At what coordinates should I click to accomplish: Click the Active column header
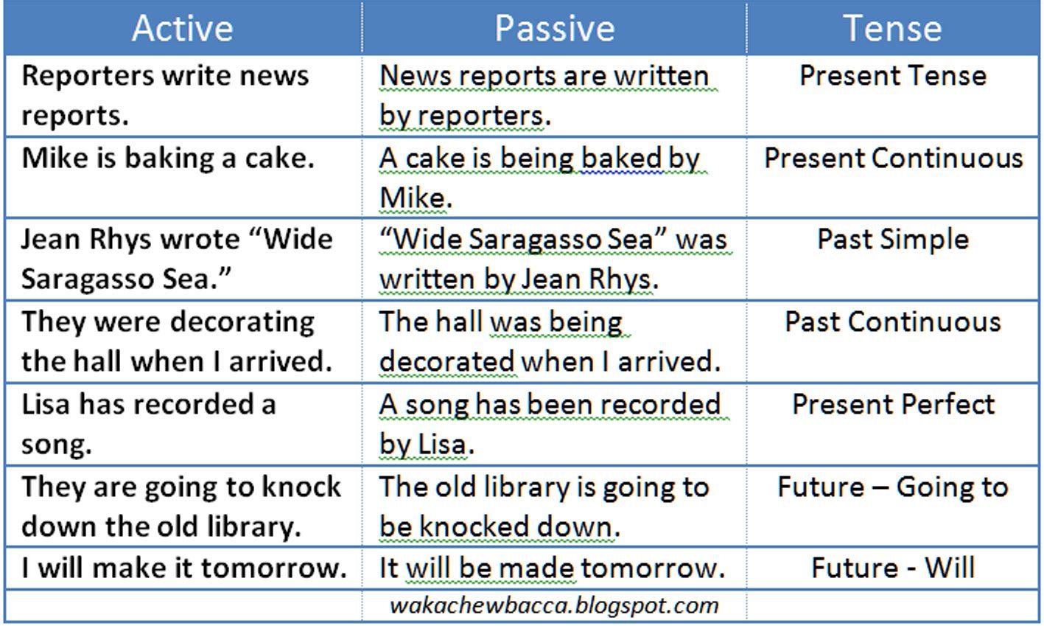183,29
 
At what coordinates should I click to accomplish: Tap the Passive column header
555,29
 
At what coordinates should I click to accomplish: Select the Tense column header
892,29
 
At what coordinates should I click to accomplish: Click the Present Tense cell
893,75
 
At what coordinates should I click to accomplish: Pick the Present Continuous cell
894,158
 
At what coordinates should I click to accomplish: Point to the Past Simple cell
894,240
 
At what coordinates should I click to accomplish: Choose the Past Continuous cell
893,322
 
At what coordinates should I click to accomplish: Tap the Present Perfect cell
894,404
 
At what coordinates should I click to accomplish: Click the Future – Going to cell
893,487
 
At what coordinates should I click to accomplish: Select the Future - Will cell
893,568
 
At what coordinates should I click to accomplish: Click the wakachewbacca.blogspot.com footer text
554,606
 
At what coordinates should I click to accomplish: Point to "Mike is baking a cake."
168,159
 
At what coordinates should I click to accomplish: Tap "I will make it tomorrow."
184,568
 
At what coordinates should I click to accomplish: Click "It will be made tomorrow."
553,568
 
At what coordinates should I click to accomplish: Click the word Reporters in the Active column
88,77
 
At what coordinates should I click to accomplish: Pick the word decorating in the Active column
242,323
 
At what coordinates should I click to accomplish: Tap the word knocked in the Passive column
474,526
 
